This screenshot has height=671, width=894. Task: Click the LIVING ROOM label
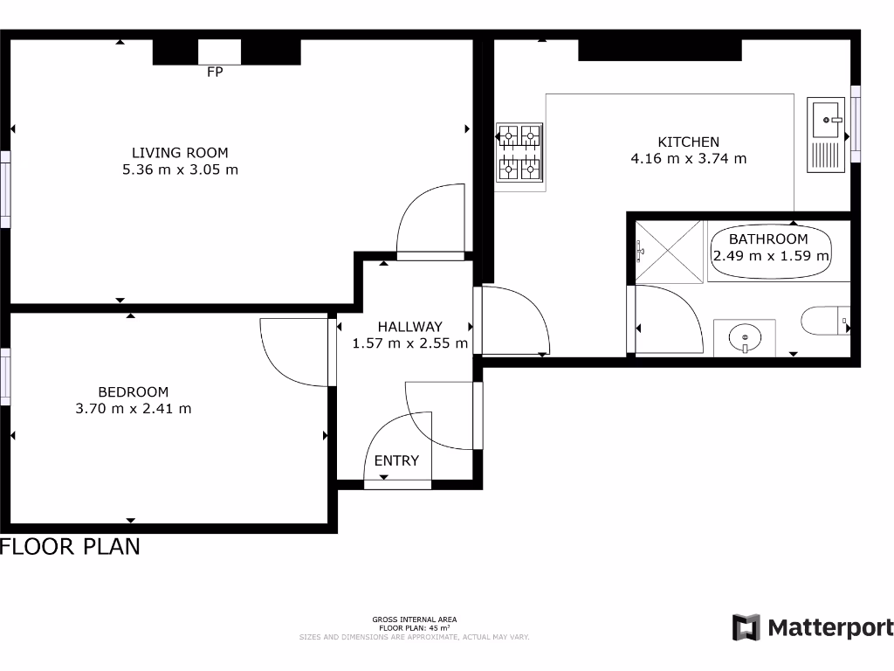tap(180, 153)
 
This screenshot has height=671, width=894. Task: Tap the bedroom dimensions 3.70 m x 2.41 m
tap(134, 408)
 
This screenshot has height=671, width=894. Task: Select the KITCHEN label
tap(688, 142)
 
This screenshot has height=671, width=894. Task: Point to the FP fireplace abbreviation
tap(215, 73)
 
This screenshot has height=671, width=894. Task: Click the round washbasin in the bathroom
tap(745, 336)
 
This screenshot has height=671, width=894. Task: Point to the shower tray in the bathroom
tap(668, 252)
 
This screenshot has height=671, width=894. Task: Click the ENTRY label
tap(396, 460)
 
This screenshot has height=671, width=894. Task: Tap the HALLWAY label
tap(410, 327)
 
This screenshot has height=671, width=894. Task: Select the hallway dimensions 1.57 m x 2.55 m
tap(410, 343)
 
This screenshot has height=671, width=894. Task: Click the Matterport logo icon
tap(746, 627)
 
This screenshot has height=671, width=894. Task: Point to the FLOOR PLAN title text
tap(70, 547)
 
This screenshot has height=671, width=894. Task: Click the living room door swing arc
tap(428, 223)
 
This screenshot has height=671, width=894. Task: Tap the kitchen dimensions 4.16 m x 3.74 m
tap(688, 158)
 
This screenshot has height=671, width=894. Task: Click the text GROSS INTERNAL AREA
tap(414, 619)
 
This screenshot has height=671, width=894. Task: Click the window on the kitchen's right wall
tap(856, 123)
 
